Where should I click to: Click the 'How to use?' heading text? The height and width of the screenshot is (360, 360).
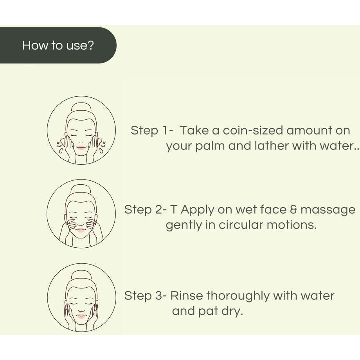click(x=58, y=45)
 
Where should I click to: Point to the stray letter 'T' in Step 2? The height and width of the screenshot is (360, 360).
click(x=173, y=210)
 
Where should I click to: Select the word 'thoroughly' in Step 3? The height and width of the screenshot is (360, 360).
click(x=238, y=295)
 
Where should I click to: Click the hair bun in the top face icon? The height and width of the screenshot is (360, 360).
click(x=81, y=107)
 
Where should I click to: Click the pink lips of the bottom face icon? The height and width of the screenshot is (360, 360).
click(x=81, y=316)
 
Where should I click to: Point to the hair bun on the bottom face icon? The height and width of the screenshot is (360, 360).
click(x=81, y=275)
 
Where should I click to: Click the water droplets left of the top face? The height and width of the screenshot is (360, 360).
click(x=60, y=146)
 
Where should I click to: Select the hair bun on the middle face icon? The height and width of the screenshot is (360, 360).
click(x=81, y=191)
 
